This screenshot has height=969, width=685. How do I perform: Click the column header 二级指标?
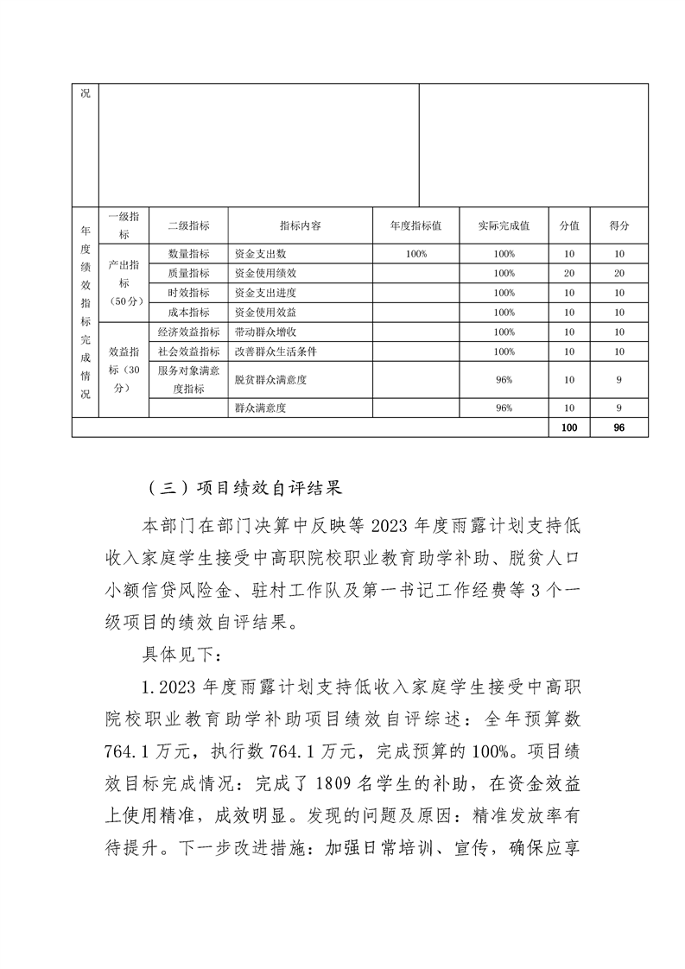coord(188,225)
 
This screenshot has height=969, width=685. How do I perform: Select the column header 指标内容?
coord(301,225)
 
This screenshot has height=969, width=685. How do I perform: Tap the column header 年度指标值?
coord(415,225)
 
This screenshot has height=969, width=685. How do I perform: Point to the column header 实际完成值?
coord(504,225)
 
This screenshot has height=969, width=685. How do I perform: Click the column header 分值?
coord(569,225)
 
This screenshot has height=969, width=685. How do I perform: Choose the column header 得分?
coord(618,225)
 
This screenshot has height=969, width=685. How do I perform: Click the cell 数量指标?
coord(188,255)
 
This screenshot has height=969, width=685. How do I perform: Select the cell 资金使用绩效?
coord(266,274)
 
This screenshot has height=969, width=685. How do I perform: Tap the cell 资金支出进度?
coord(266,293)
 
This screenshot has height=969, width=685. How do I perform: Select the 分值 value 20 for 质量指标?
coord(569,274)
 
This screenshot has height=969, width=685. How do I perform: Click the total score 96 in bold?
coord(618,427)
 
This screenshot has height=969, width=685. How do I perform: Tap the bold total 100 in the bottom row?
coord(569,427)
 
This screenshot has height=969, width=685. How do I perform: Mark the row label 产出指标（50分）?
coord(124,283)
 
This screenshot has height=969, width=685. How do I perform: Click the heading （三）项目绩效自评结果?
coord(241,488)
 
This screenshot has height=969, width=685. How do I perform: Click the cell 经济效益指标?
coord(188,332)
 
